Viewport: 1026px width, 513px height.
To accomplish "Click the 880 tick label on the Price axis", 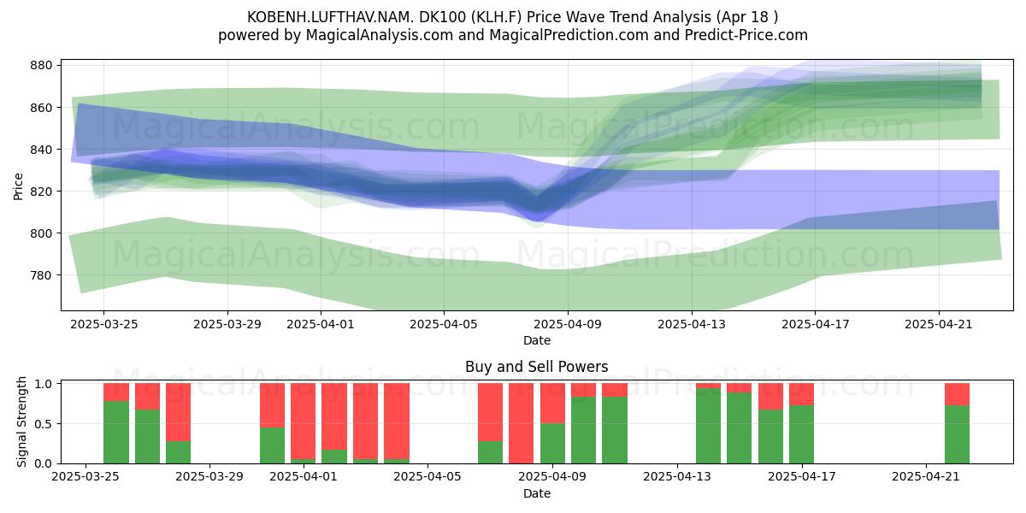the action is click(41, 66).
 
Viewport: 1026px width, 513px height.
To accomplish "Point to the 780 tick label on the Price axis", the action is click(41, 275).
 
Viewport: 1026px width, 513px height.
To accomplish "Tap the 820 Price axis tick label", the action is click(41, 192).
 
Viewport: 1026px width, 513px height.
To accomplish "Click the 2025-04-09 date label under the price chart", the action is click(568, 324).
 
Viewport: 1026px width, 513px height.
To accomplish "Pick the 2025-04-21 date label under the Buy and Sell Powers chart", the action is click(926, 477).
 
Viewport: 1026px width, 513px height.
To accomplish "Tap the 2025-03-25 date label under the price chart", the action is click(104, 324).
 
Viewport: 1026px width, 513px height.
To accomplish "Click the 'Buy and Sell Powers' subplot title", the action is click(537, 367).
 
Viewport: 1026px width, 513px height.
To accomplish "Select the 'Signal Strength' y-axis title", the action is click(21, 422).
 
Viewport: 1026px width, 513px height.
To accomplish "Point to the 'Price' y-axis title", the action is click(18, 186).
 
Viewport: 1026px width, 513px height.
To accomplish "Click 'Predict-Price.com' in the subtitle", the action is click(746, 35).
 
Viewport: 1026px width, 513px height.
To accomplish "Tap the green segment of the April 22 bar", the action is click(958, 434).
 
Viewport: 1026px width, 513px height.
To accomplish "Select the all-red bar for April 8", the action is click(522, 423).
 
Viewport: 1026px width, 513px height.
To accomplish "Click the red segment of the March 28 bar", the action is click(178, 412).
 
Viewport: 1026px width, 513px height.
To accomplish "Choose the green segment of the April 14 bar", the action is click(708, 426).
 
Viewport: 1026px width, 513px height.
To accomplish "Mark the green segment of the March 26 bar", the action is click(116, 433).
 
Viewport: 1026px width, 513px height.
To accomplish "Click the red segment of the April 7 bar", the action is click(490, 412).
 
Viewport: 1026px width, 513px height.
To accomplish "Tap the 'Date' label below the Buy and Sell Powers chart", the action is click(537, 493).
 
